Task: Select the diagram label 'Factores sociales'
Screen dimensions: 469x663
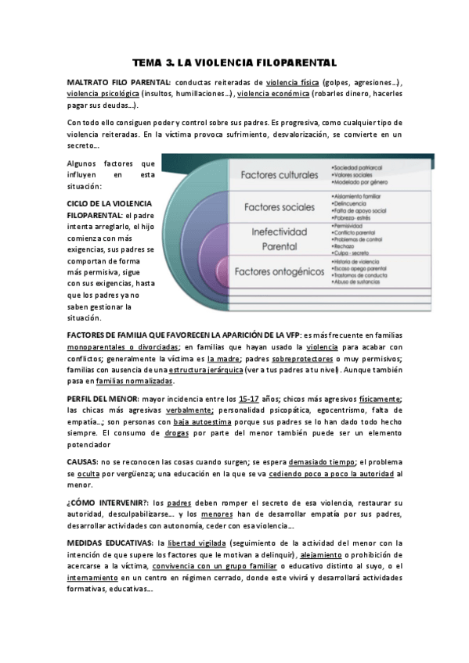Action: pos(279,207)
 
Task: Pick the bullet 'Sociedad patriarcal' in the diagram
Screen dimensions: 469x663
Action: pos(360,167)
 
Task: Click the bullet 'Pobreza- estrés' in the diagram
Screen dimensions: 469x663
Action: pos(356,218)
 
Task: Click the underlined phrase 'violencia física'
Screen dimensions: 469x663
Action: pos(292,82)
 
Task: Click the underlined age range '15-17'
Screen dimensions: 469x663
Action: pos(251,399)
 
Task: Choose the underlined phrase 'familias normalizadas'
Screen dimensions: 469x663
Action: pos(134,381)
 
